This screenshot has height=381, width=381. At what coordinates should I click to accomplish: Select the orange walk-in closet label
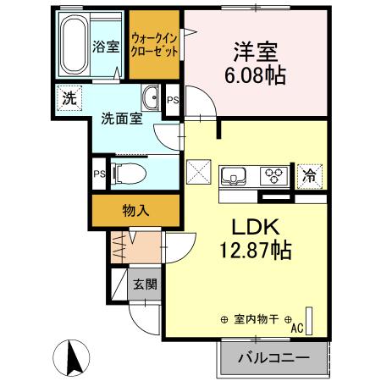click(x=154, y=45)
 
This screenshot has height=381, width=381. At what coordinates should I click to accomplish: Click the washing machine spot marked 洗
click(x=69, y=97)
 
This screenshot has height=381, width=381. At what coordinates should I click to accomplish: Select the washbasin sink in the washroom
click(x=151, y=97)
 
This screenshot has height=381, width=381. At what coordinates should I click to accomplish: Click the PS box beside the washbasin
click(x=173, y=100)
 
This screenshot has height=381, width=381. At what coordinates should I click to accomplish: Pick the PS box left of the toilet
click(x=99, y=174)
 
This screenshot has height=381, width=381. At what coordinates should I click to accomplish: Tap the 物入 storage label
click(x=136, y=208)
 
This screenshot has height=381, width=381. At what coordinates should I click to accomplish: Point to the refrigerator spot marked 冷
click(x=310, y=175)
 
